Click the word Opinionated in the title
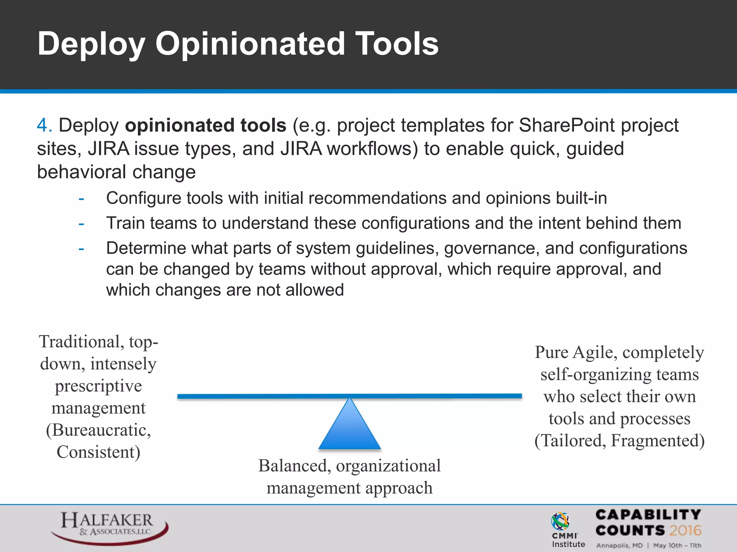click(250, 44)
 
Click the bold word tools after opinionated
click(263, 125)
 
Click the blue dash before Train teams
click(81, 224)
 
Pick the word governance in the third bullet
click(492, 248)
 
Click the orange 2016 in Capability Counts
click(685, 530)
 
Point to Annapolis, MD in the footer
click(619, 546)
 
